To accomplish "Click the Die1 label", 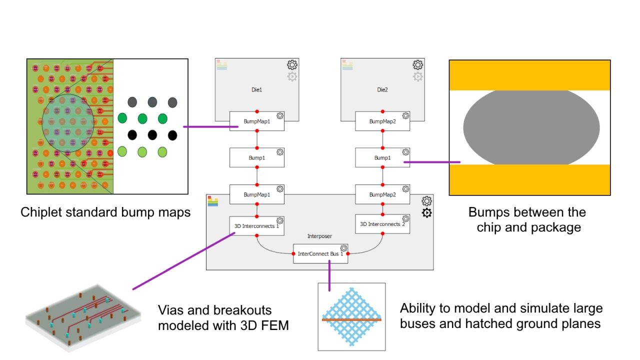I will tap(256, 90).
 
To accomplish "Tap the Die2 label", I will tap(382, 90).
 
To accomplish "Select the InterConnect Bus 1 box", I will tap(320, 253).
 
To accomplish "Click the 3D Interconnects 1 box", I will tap(256, 226).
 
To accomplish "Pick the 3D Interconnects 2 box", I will tap(382, 224).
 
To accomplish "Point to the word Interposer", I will tap(319, 236).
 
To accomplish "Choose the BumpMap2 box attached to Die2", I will tap(382, 121).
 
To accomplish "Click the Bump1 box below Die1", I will tap(256, 157).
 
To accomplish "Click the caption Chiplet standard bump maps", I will tap(105, 212).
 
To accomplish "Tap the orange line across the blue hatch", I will tap(351, 319).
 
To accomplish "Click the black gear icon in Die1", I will tap(292, 64).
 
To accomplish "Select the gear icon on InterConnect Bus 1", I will tap(343, 248).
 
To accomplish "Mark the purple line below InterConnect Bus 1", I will tap(329, 276).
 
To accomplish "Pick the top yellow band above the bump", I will tap(529, 75).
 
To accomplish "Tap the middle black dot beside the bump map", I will tap(152, 135).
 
